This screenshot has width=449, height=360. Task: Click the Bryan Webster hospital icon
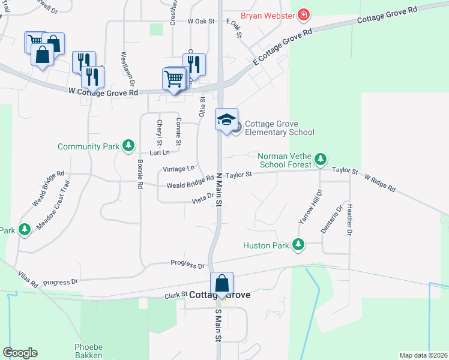pyautogui.click(x=304, y=14)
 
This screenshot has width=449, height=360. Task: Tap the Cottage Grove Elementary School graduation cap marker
pyautogui.click(x=227, y=119)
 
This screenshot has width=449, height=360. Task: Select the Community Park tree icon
pyautogui.click(x=128, y=146)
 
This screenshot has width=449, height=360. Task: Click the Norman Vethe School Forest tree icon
pyautogui.click(x=321, y=160)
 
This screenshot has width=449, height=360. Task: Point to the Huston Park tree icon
pyautogui.click(x=297, y=245)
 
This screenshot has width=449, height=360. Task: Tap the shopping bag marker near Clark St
pyautogui.click(x=221, y=283)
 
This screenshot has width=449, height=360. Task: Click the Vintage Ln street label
pyautogui.click(x=179, y=169)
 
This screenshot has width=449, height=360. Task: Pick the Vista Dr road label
pyautogui.click(x=202, y=197)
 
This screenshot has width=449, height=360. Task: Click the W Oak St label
pyautogui.click(x=200, y=21)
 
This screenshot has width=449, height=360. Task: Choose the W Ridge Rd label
pyautogui.click(x=379, y=184)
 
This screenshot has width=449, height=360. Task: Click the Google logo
pyautogui.click(x=20, y=353)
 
